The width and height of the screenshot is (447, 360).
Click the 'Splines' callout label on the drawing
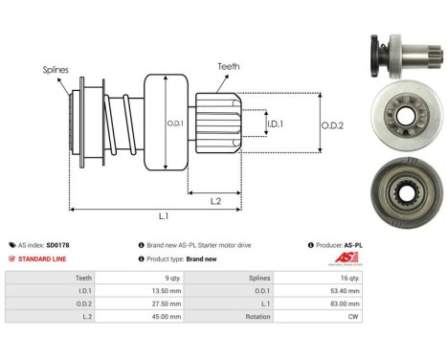coord(55,70)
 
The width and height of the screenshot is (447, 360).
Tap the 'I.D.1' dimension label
coord(275,124)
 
